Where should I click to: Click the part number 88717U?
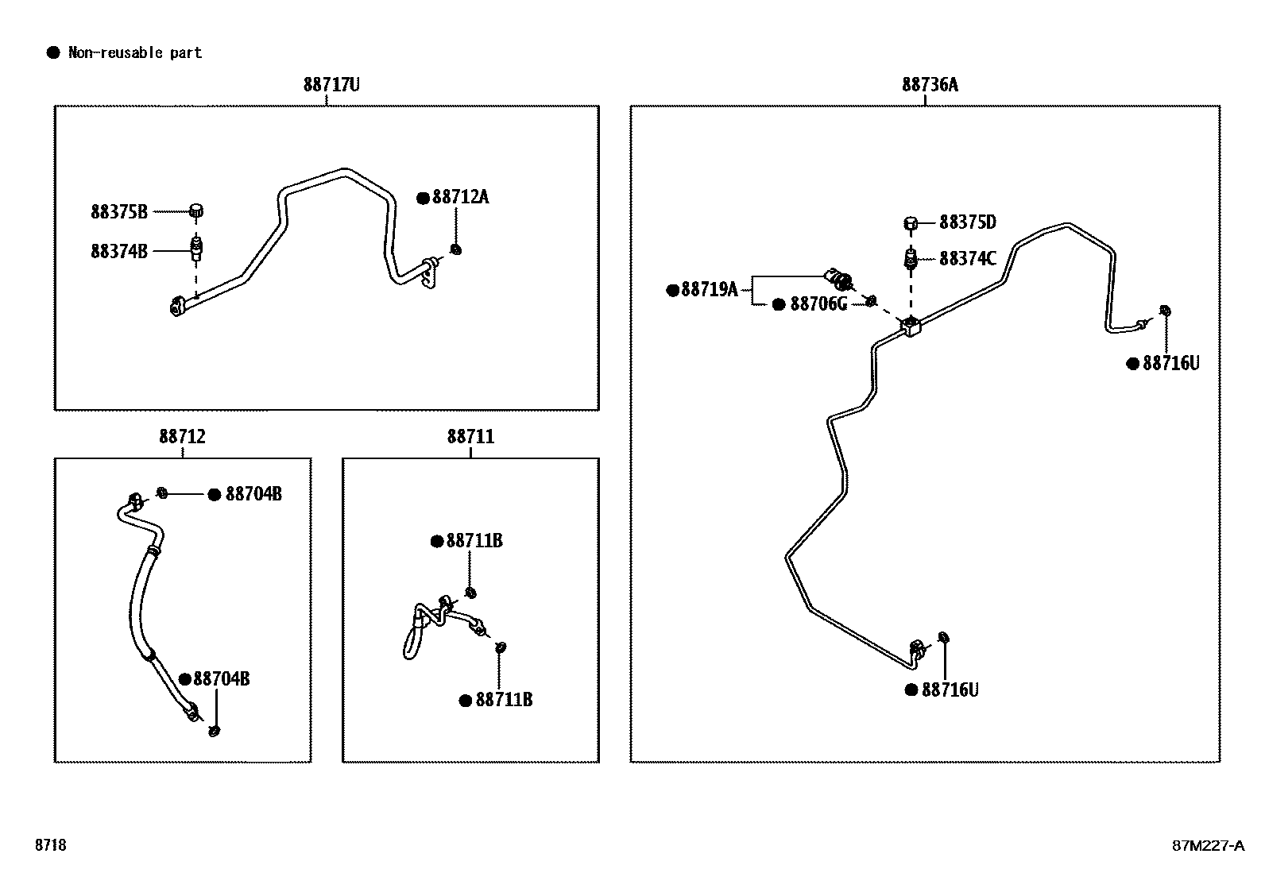coord(331,85)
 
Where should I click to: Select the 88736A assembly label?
coord(930,85)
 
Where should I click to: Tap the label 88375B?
coord(119,212)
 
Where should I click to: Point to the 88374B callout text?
coord(119,251)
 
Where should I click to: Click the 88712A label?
coord(460,197)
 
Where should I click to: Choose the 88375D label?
coord(968,222)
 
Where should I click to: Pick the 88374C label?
coord(968,259)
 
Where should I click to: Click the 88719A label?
coord(710,290)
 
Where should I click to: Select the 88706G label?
coord(819,303)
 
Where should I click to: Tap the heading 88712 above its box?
coord(183,437)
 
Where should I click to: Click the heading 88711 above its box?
coord(470,437)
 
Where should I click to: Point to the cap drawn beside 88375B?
coord(196,211)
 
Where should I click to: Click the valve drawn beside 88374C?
coord(911,259)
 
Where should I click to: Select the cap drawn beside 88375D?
coord(910,223)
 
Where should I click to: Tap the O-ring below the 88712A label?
coord(456,249)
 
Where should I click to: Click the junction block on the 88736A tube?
coord(911,326)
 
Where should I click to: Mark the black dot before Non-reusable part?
coord(53,53)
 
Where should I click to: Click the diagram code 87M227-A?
coord(1208,845)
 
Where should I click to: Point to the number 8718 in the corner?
coord(50,844)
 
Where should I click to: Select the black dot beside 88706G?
coord(779,304)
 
